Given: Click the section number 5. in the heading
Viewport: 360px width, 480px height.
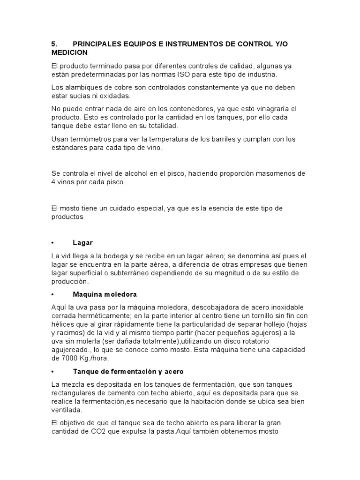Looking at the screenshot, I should click(54, 44).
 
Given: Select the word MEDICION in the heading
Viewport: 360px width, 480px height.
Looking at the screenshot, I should click(69, 52).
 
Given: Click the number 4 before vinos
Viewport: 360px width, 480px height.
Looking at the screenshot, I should click(53, 182).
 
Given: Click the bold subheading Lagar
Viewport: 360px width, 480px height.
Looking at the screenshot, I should click(83, 242).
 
